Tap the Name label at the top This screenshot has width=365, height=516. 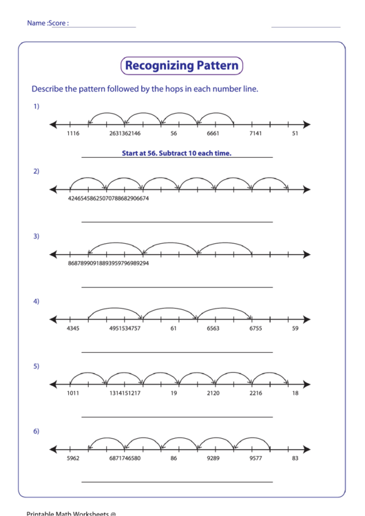36,23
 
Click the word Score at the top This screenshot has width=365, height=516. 59,23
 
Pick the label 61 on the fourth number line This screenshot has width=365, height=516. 174,329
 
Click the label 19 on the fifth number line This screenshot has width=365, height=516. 174,393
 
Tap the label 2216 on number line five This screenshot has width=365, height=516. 255,393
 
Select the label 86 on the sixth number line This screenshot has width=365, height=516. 174,458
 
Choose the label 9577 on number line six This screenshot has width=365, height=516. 255,458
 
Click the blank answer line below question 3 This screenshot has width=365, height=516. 177,287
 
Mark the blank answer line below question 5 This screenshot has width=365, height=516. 177,417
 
